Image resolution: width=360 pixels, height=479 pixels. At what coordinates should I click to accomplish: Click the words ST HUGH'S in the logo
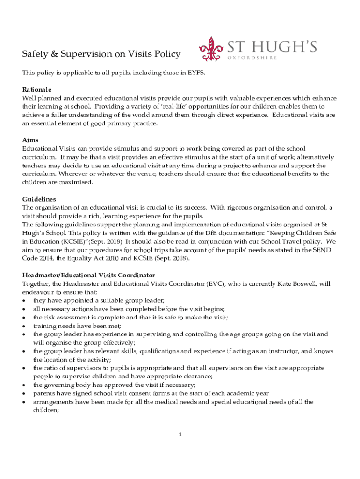tap(272, 46)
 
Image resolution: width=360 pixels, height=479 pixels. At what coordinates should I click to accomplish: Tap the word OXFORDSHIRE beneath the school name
tap(252, 58)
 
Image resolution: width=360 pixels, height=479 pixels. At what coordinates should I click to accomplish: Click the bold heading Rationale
tap(37, 89)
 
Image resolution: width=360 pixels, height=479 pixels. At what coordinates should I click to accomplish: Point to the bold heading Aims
tap(30, 140)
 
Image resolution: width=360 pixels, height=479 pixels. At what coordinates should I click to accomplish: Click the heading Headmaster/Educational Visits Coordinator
tap(88, 275)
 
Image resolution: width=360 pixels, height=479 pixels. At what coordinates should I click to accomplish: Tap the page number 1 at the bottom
tap(180, 435)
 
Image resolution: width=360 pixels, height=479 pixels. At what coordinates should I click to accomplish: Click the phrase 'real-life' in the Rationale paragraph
tap(170, 107)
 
